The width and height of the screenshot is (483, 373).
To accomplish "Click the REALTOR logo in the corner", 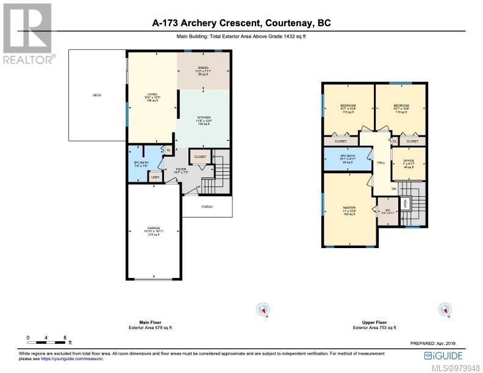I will pos(28,34).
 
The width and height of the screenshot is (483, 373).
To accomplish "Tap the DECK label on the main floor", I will pos(96,95).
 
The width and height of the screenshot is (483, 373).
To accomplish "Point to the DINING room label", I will pos(203,68).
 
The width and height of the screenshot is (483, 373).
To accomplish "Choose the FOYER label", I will pos(181,169).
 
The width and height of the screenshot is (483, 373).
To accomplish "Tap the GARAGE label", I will pos(153,228).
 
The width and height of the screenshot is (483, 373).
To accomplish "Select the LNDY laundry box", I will pos(156,178).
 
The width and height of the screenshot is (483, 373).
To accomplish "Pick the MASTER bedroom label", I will pos(349,208).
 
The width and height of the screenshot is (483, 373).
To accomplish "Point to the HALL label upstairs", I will pos(381,163).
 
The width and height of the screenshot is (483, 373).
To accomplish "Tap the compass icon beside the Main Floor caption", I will pos(263,310).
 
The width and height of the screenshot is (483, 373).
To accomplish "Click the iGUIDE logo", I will pos(444,355).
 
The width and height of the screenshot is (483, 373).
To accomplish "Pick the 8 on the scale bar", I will pos(65,337).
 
